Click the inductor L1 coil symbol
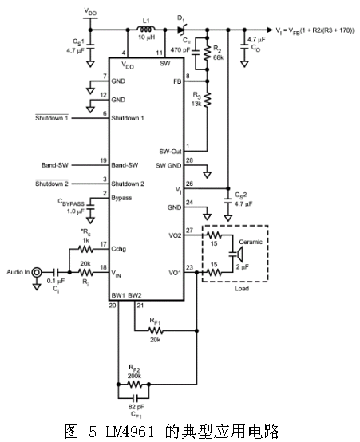tap(146, 29)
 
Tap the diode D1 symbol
tap(182, 30)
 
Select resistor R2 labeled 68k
tap(207, 53)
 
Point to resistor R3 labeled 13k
tap(207, 99)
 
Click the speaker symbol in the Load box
tap(239, 254)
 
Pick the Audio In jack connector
tap(37, 272)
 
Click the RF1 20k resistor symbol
tap(155, 330)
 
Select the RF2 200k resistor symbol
tap(135, 384)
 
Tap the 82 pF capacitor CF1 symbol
tap(136, 398)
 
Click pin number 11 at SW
tap(160, 53)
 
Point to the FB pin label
tap(177, 81)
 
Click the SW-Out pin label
tap(170, 152)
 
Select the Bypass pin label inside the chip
tap(121, 198)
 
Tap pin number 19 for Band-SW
tap(104, 160)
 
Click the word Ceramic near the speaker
tap(251, 242)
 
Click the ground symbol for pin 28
tap(208, 175)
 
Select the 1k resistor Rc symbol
tap(85, 249)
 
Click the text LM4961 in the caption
tap(130, 432)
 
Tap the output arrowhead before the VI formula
tap(270, 30)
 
